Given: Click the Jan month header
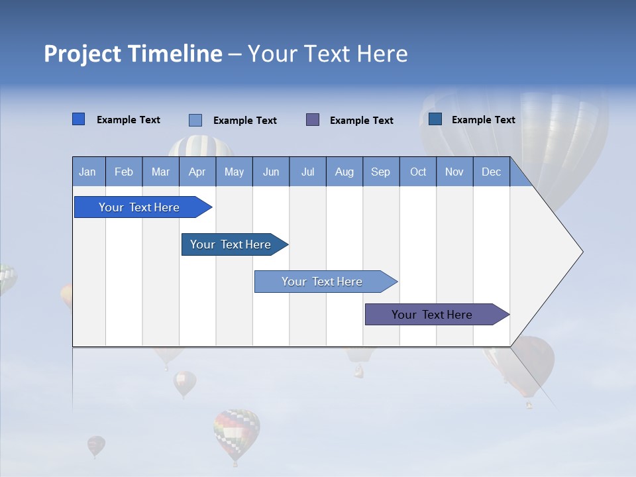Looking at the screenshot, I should tap(87, 172).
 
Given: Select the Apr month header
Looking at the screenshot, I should tap(197, 172).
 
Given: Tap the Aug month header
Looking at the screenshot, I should tap(344, 172).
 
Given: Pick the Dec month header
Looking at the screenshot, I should tap(491, 172).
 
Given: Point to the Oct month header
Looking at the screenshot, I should tap(417, 172).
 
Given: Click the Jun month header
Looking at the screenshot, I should tap(270, 172).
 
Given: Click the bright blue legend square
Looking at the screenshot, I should tap(78, 119).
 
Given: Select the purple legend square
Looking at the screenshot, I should tap(313, 119).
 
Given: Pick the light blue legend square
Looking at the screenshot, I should tap(195, 120).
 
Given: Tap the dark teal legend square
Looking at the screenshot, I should tap(435, 119).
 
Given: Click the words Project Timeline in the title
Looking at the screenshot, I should tap(132, 54).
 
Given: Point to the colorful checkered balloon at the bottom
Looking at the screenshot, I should tap(237, 434).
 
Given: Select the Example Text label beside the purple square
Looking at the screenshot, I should tap(361, 121).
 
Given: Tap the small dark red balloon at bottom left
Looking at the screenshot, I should tap(96, 445).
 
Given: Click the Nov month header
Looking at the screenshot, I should tap(454, 172).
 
